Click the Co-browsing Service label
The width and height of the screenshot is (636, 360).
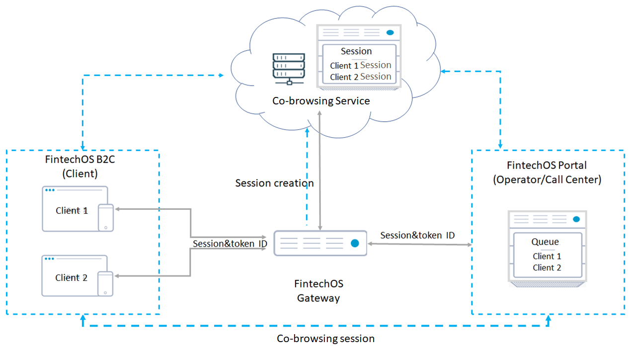tap(321, 101)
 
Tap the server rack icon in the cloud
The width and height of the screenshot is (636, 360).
tap(289, 69)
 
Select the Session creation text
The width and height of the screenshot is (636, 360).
tap(274, 183)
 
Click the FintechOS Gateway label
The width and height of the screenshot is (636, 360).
tap(318, 291)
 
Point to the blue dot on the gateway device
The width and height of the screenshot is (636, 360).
tap(355, 243)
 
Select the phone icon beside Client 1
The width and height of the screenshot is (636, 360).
tap(106, 217)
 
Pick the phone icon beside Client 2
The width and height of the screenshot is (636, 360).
tap(105, 284)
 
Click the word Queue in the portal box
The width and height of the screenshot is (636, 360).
tap(545, 242)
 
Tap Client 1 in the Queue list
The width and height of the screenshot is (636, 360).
tap(547, 257)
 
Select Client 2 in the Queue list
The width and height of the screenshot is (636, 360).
tap(547, 268)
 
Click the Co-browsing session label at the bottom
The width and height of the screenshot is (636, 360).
tap(325, 339)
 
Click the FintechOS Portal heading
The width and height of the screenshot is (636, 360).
tap(547, 165)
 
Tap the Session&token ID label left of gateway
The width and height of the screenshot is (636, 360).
tap(230, 244)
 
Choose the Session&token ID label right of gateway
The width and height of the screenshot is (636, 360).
tap(417, 235)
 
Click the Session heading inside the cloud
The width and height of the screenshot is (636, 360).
tap(356, 51)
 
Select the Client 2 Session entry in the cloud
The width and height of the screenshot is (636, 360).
tap(360, 77)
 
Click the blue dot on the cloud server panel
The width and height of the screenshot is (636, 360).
tap(390, 32)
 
